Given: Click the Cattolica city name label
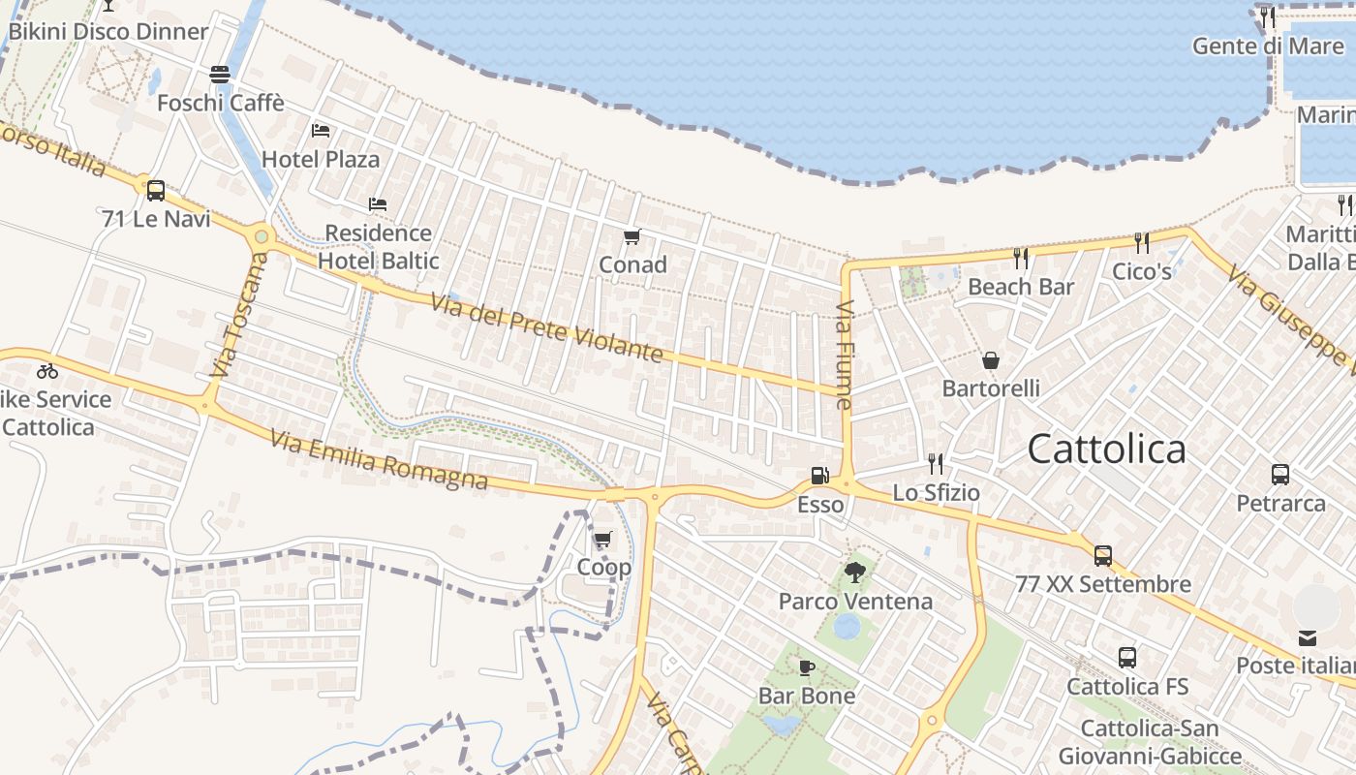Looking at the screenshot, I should click(1106, 449).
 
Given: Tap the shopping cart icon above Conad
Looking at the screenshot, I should click(632, 236).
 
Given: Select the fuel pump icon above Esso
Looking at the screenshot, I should click(819, 476).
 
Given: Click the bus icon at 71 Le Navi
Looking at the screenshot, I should click(155, 191).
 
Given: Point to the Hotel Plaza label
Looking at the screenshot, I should click(321, 159).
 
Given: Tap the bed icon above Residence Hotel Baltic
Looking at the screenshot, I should click(378, 204).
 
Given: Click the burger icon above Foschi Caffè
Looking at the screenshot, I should click(220, 75).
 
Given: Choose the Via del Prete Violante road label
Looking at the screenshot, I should click(547, 329).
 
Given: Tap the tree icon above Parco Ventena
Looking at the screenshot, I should click(854, 573).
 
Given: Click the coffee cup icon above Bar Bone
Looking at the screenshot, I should click(806, 667).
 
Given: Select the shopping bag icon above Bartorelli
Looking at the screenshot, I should click(991, 360).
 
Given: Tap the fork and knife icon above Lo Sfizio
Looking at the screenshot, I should click(935, 464).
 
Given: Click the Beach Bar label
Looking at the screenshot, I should click(1021, 287).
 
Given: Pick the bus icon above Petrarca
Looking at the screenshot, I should click(1280, 475).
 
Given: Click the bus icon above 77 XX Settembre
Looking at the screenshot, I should click(1102, 556).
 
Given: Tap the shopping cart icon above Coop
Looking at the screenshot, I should click(603, 539).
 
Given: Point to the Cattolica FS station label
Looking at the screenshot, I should click(1127, 687).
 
